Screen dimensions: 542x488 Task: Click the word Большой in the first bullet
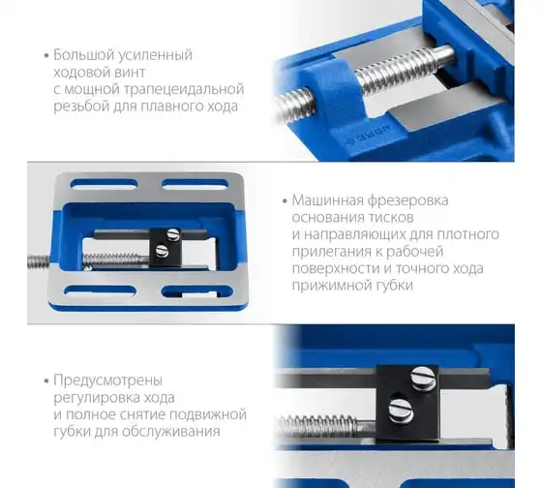(82, 55)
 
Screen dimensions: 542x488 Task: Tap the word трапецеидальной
(184, 89)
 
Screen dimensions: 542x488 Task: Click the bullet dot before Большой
(46, 56)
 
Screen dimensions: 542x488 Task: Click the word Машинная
(328, 200)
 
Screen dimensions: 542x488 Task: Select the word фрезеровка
(407, 201)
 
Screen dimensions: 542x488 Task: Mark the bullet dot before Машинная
(285, 201)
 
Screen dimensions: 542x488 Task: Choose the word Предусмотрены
(107, 381)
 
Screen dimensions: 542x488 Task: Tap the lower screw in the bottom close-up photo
(402, 410)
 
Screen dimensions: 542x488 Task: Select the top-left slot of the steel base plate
(104, 184)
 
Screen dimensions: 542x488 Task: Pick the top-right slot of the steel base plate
(196, 184)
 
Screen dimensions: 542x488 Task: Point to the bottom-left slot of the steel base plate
(100, 290)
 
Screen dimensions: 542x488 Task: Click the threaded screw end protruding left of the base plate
(39, 261)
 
